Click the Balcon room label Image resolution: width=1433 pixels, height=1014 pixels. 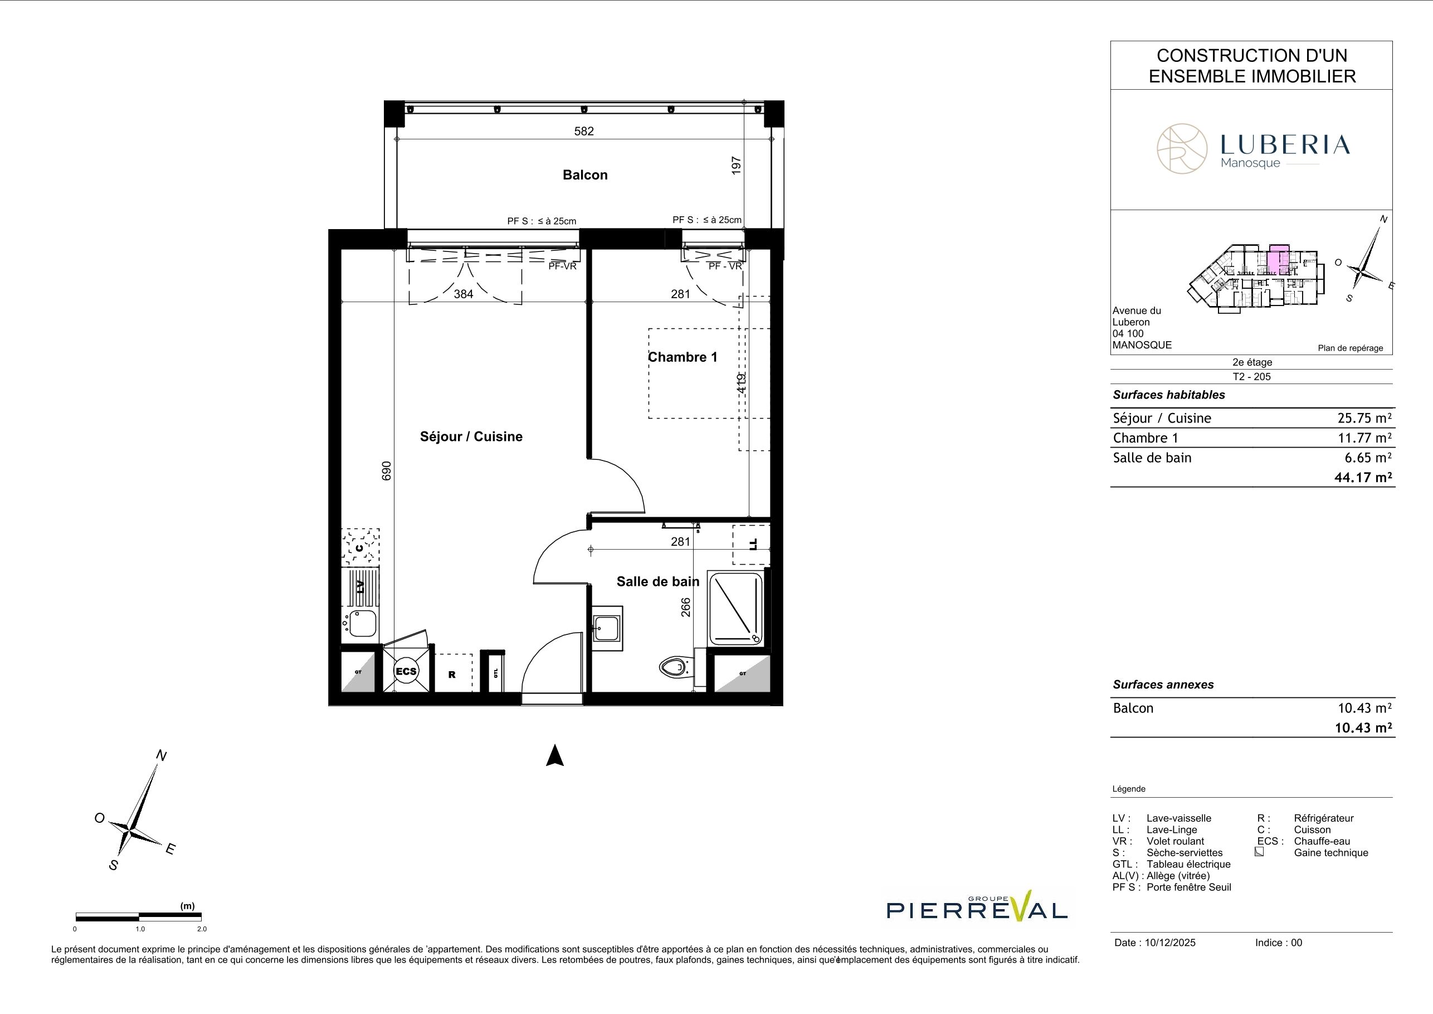click(585, 175)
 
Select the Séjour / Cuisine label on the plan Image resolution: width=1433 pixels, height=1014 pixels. click(471, 436)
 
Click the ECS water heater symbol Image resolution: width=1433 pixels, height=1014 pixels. click(406, 671)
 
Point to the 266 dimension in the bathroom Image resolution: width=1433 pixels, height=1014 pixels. click(685, 608)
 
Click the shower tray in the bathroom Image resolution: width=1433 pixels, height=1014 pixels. click(736, 608)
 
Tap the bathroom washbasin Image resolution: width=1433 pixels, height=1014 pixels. click(607, 628)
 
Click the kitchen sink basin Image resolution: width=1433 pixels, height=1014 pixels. click(362, 623)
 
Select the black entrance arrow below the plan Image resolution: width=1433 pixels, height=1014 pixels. click(555, 755)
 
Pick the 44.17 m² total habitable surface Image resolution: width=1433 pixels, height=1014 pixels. click(1363, 478)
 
